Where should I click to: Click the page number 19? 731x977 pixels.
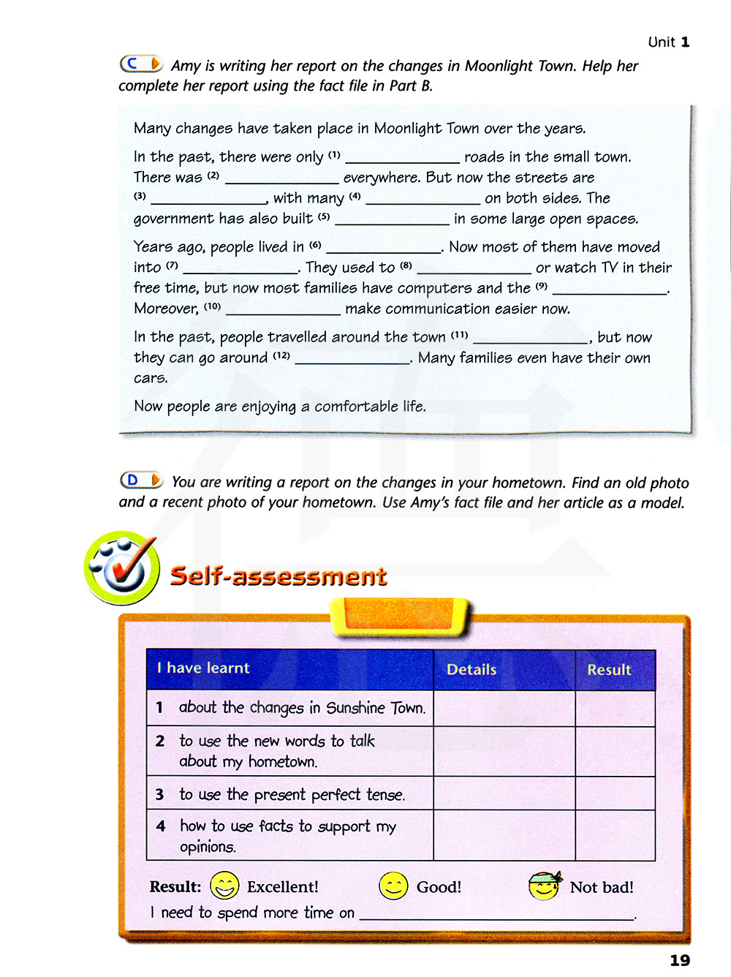tap(680, 960)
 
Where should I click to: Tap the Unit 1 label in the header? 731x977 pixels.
tap(668, 42)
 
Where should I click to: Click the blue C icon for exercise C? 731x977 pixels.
tap(141, 64)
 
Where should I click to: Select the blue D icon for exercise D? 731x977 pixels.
tap(141, 480)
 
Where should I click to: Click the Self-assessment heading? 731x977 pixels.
tap(279, 576)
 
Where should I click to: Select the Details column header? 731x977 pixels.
tap(471, 670)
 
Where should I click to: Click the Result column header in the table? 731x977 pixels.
tap(609, 670)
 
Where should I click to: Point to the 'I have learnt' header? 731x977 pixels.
tap(203, 668)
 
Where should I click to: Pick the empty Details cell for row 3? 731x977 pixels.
tap(504, 793)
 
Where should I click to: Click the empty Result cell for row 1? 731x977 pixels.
tap(615, 709)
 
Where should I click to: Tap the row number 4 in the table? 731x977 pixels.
tap(161, 826)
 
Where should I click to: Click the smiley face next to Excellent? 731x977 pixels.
tap(224, 886)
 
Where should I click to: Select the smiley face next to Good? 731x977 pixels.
tap(393, 886)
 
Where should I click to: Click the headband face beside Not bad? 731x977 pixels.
tap(545, 886)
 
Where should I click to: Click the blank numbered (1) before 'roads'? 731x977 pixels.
tap(402, 158)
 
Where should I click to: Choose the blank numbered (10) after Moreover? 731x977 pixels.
tap(283, 310)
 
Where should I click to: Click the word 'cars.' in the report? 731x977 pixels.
tap(151, 379)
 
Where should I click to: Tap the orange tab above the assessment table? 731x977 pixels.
tap(401, 616)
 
